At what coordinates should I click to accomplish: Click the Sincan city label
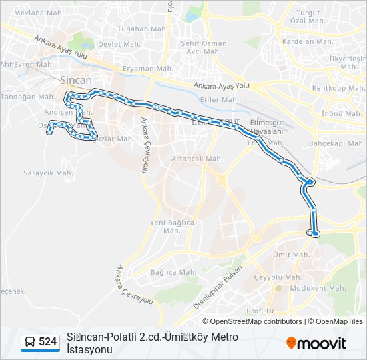tap(76, 80)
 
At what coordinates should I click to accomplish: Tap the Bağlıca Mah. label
tap(173, 272)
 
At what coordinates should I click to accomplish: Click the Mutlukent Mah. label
tap(320, 289)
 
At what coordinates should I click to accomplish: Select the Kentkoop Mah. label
tap(338, 89)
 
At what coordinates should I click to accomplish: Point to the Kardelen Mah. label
tap(308, 41)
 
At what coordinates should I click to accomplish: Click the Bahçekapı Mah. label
tap(336, 143)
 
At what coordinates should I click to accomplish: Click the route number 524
tap(47, 342)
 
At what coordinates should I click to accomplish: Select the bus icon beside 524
tap(30, 342)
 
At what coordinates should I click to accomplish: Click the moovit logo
tap(316, 343)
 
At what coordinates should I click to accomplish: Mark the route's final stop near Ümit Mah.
tap(315, 233)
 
